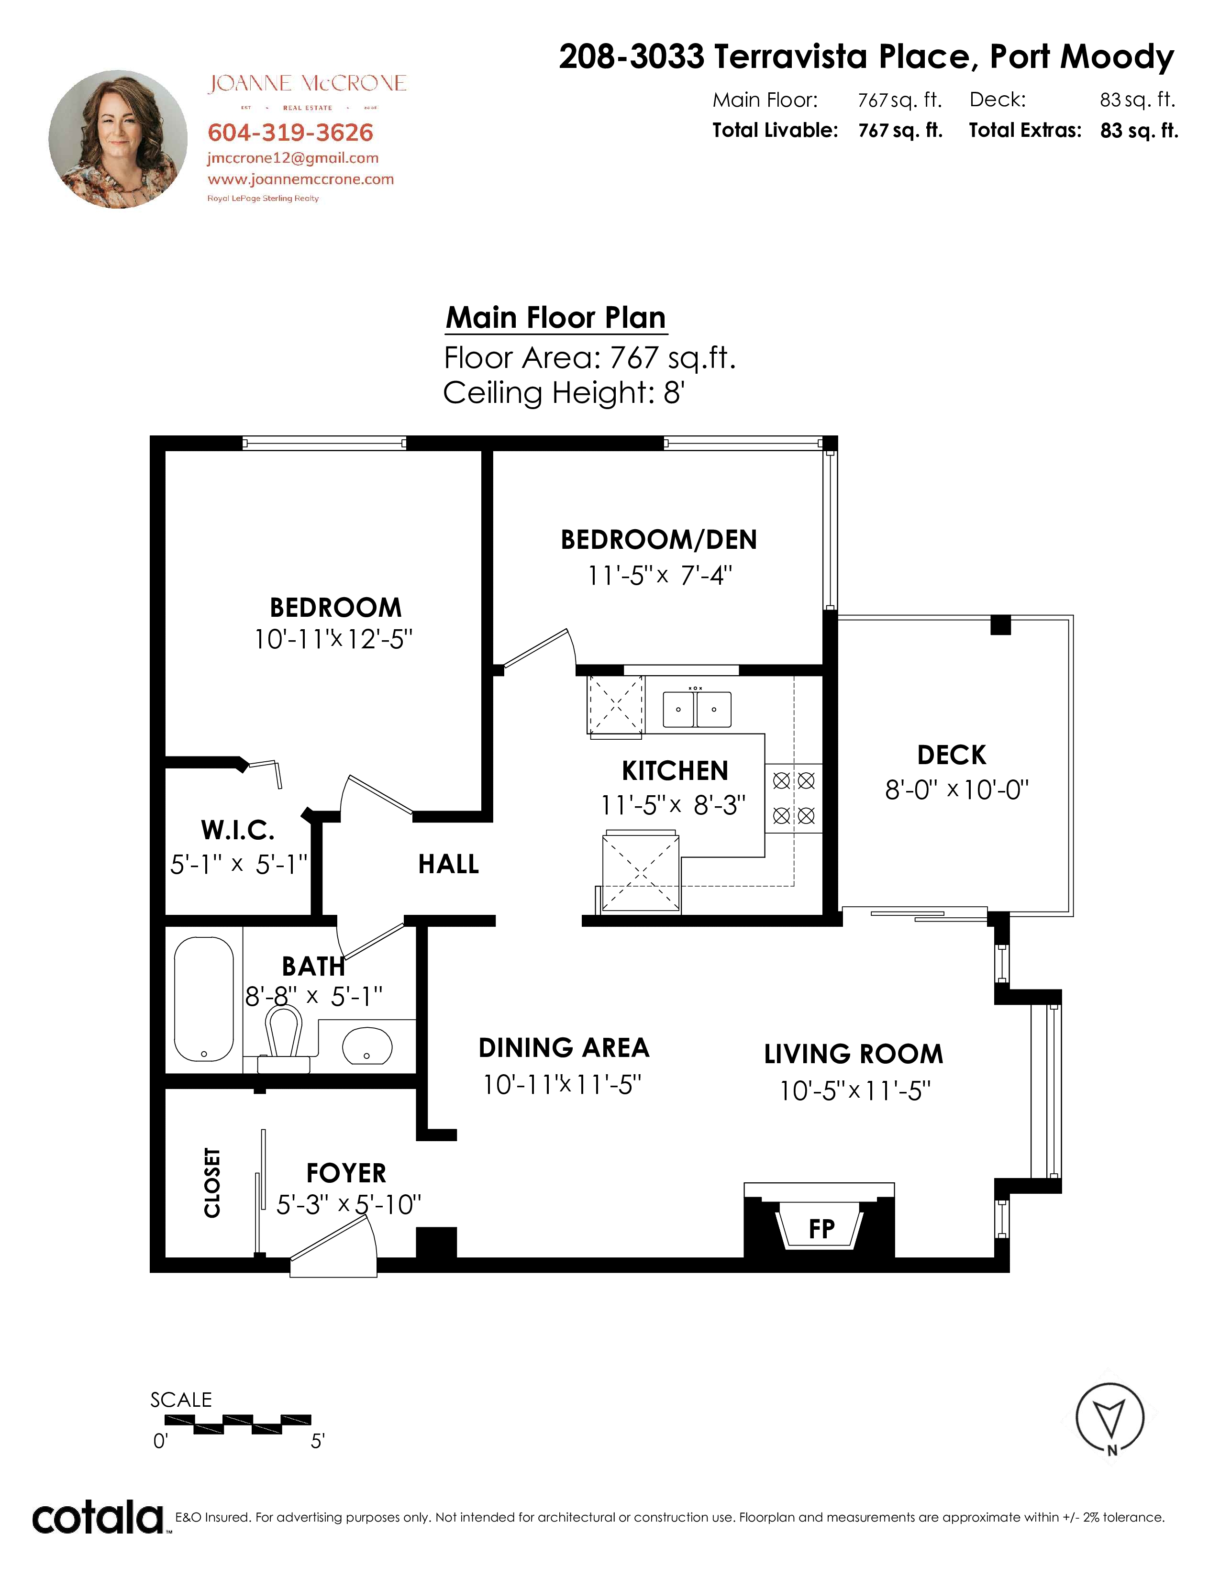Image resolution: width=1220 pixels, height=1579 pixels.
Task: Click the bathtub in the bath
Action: tap(204, 999)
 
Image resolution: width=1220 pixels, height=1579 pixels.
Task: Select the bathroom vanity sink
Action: tap(366, 1046)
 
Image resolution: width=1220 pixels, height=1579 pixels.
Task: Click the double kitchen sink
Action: tap(697, 709)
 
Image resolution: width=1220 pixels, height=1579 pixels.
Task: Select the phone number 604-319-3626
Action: tap(290, 133)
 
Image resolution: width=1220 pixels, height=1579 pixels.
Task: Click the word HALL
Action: tap(448, 864)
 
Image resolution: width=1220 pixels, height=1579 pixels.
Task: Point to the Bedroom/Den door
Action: tap(538, 648)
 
